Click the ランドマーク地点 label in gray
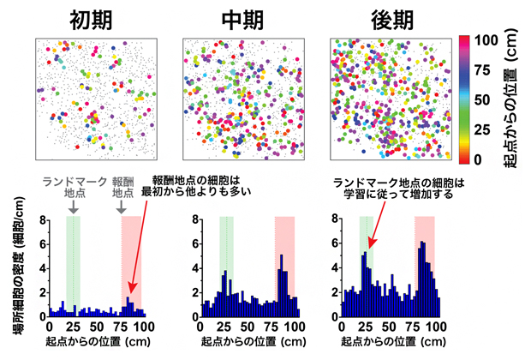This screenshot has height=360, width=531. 73,188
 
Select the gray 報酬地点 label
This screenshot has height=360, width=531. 128,188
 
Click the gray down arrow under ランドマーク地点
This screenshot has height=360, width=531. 74,207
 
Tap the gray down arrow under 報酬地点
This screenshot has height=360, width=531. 128,207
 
